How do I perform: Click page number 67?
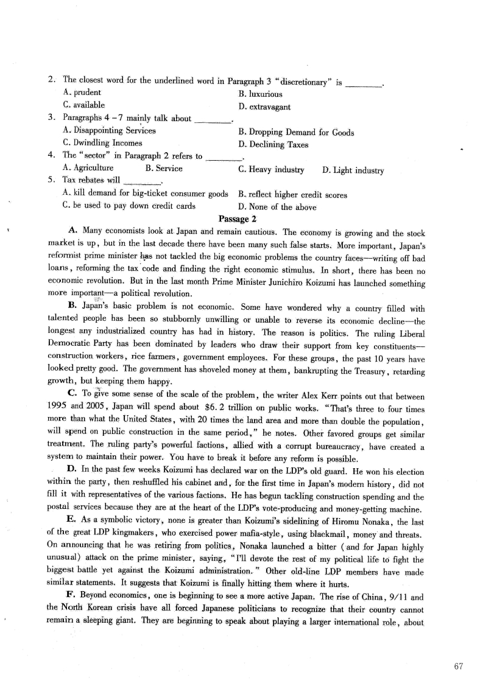tap(459, 666)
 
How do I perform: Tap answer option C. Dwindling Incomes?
tap(102, 143)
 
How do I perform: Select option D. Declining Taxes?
tap(273, 144)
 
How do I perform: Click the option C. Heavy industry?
tap(271, 169)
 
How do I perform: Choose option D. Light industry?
tap(353, 170)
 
